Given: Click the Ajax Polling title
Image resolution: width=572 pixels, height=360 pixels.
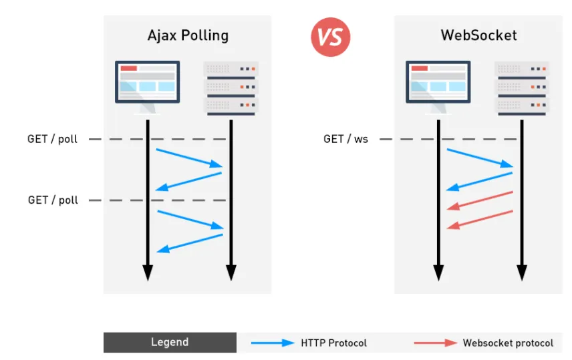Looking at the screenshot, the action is click(x=188, y=36).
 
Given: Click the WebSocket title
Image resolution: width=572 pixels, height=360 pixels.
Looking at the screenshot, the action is click(x=478, y=35).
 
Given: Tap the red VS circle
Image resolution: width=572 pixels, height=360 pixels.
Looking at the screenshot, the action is click(x=331, y=37).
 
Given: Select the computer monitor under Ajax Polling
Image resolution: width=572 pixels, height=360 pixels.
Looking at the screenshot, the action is click(x=148, y=87).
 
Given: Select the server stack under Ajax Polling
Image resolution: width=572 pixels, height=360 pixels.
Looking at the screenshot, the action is click(x=231, y=89).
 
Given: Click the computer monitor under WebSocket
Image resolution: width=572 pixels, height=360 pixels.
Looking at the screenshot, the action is click(x=438, y=87).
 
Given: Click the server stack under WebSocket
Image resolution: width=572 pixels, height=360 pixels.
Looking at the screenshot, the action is click(x=522, y=89).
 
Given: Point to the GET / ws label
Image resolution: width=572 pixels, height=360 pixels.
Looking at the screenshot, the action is click(x=346, y=139).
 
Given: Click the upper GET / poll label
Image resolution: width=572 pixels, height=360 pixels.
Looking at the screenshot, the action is click(x=53, y=139).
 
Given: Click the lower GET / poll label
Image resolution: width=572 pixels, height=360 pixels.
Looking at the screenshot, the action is click(x=53, y=200).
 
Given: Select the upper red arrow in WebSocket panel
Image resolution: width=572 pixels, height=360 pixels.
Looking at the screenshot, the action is click(x=480, y=200).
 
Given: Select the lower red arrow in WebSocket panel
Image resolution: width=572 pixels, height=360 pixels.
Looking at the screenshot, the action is click(x=480, y=220).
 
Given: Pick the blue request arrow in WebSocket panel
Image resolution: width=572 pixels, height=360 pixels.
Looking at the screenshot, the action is click(x=480, y=158).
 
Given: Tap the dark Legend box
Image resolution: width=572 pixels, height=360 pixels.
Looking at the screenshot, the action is click(x=170, y=343).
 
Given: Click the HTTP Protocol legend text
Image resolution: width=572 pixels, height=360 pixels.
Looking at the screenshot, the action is click(x=334, y=343).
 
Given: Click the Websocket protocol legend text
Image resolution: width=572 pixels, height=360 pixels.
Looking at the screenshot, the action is click(x=508, y=343).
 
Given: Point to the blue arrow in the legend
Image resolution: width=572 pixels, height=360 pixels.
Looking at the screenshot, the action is click(x=273, y=343).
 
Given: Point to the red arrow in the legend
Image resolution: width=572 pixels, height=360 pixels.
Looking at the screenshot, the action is click(x=436, y=343).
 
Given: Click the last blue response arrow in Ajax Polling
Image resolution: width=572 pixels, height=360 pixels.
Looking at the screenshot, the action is click(x=190, y=243).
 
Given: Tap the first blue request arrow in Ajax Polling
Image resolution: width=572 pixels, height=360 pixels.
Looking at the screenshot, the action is click(x=189, y=158).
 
